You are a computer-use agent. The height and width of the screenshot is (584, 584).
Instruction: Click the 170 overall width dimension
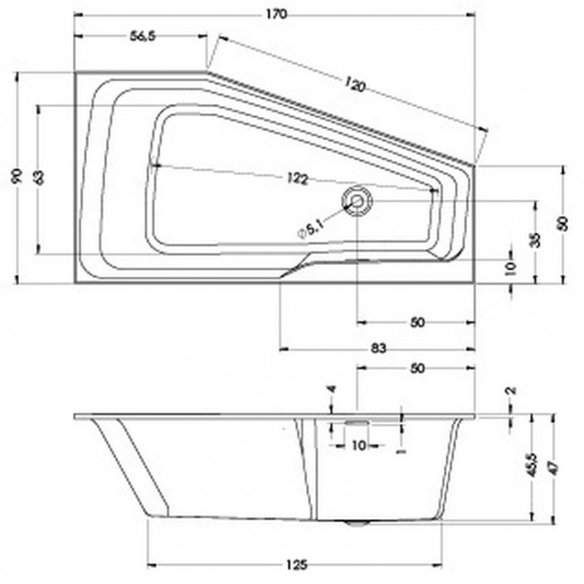[x=276, y=13]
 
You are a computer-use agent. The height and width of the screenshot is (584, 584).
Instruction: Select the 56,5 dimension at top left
[x=144, y=39]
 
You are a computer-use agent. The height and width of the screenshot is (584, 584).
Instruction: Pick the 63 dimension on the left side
[x=39, y=177]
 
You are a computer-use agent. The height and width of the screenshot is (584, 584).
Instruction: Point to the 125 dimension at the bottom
[x=296, y=564]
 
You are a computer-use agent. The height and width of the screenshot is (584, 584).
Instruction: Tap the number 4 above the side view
[x=331, y=390]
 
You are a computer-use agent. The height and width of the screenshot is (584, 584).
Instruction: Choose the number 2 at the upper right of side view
[x=511, y=391]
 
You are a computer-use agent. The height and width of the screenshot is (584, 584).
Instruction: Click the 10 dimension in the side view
[x=358, y=445]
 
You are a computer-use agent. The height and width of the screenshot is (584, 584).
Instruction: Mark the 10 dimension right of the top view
[x=511, y=269]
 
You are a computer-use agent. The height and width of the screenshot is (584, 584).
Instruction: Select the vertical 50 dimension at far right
[x=563, y=223]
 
